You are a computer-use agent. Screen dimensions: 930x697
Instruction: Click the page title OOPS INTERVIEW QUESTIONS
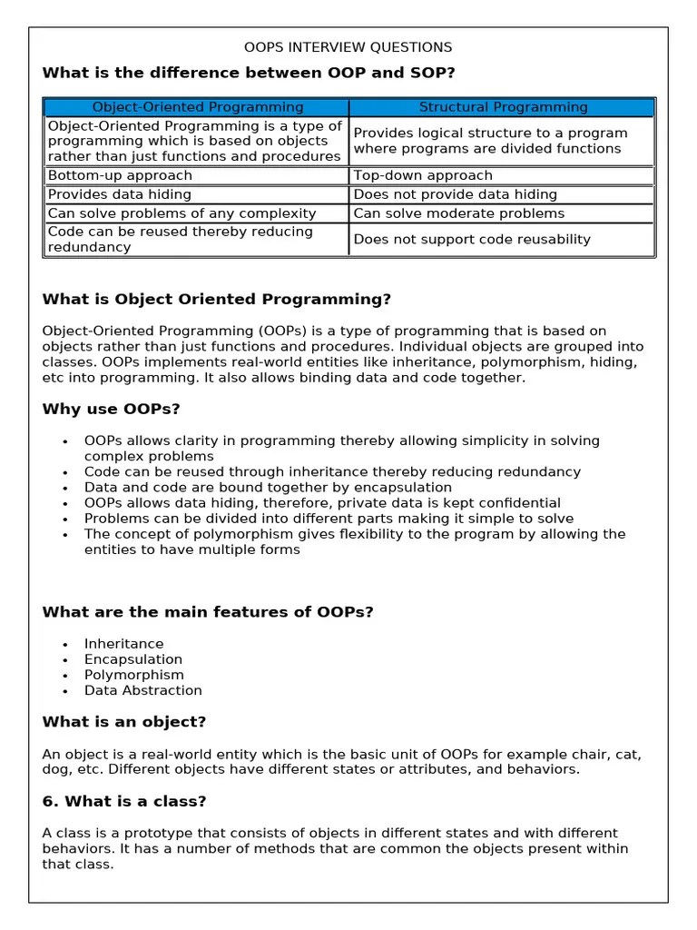348,47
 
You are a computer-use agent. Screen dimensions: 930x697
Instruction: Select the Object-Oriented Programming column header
198,107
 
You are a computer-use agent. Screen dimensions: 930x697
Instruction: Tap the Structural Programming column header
503,107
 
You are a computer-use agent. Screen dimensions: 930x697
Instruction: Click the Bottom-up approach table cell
120,175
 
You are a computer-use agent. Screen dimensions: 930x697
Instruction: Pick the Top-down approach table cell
423,175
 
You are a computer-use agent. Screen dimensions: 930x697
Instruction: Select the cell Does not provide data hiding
455,194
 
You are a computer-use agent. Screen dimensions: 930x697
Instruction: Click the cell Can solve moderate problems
458,213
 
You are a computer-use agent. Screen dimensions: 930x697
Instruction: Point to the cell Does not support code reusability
471,240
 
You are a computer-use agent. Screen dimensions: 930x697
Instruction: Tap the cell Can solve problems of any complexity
182,213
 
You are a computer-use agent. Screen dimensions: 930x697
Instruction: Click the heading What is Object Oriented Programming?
217,299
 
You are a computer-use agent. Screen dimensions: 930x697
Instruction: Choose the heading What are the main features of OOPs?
208,612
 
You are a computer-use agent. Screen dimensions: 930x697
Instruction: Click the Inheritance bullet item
124,644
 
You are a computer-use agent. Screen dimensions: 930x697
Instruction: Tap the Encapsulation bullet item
133,659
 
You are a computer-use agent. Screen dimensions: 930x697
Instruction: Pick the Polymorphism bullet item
133,675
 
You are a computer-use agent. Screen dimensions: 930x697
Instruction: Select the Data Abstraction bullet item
143,690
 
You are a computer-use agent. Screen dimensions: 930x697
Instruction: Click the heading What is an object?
124,722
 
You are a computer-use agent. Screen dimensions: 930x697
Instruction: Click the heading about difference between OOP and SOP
248,73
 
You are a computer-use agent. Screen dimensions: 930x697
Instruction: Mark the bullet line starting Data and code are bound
268,488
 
